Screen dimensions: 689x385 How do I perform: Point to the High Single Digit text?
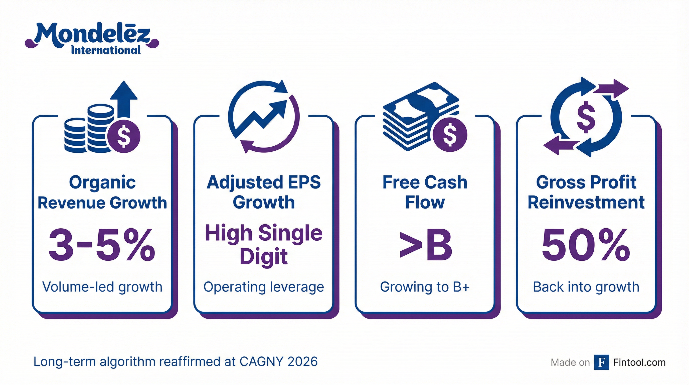click(264, 244)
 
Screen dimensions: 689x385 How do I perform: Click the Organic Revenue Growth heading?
click(102, 192)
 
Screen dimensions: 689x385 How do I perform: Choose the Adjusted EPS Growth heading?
click(264, 192)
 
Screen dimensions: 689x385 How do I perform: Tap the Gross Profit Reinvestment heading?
click(586, 192)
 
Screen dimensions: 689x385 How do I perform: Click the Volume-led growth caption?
click(102, 287)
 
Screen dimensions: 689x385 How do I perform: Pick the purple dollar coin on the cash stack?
click(450, 135)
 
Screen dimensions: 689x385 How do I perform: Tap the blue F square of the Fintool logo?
click(602, 362)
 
